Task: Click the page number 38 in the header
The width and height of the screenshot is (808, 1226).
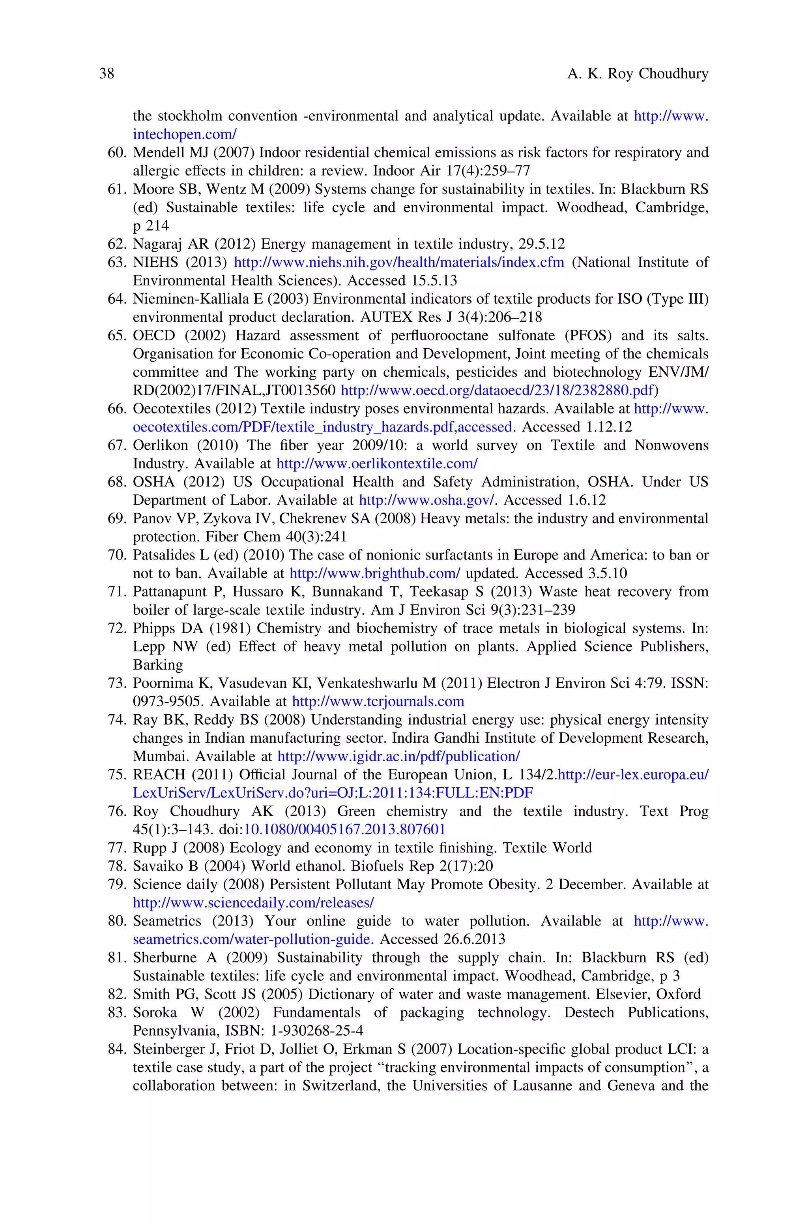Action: click(x=107, y=74)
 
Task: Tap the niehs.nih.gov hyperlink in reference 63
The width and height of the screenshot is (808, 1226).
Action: click(x=399, y=263)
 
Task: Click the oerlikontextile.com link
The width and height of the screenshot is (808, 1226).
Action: click(x=377, y=464)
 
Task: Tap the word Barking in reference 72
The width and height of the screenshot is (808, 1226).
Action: click(x=158, y=665)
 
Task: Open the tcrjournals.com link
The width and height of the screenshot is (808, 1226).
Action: click(x=378, y=702)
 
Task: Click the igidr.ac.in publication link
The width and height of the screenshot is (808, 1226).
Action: click(x=398, y=756)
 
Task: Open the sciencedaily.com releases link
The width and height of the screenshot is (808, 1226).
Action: click(x=253, y=903)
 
